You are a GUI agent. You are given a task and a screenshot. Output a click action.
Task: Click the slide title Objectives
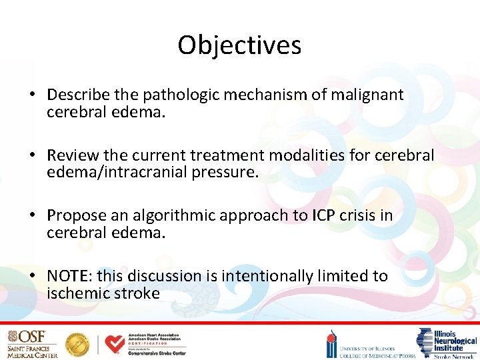coord(239,45)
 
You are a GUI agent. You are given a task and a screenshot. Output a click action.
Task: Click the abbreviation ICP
coord(320,215)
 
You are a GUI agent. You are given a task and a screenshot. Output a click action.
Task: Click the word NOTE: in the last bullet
coord(71,275)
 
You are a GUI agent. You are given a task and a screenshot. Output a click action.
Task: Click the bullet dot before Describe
coord(32,95)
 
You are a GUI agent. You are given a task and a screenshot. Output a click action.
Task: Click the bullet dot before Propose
coord(32,216)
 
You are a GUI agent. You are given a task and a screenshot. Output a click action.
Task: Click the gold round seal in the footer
coord(77,344)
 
